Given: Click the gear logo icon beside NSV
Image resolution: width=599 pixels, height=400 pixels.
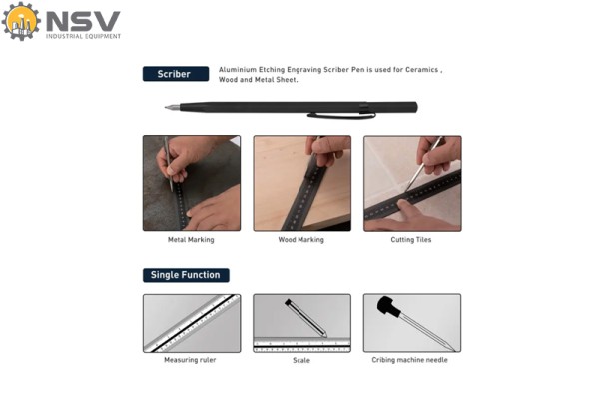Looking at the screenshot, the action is [21, 21].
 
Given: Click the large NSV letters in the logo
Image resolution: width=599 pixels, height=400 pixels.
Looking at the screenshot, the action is [83, 21].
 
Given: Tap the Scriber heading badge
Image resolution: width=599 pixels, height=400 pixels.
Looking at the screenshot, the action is [176, 74].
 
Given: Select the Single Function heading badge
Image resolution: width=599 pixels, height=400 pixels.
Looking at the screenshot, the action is [186, 275].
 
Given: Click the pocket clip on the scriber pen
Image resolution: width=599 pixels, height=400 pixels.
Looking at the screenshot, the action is [341, 115].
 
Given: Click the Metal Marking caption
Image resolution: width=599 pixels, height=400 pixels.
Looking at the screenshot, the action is [191, 240].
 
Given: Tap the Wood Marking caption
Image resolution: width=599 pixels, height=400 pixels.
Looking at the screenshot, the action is [301, 240].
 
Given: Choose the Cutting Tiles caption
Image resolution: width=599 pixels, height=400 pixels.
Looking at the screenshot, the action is [411, 240].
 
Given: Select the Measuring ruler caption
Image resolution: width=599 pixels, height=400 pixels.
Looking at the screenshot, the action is [190, 360].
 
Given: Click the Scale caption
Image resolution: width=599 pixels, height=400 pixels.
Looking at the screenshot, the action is [301, 360].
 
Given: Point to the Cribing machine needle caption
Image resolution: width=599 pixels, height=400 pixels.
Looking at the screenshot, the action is [409, 360].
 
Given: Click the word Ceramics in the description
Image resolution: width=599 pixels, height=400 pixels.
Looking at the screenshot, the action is [421, 70].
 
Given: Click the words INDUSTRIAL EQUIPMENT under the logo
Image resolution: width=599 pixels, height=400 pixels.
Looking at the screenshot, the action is [83, 36].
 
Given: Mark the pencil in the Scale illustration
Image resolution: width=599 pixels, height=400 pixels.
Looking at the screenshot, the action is [306, 318].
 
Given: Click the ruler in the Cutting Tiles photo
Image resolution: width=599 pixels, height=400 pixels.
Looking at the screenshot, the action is [412, 195].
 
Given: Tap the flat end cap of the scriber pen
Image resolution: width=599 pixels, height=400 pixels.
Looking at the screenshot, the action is [415, 107].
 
